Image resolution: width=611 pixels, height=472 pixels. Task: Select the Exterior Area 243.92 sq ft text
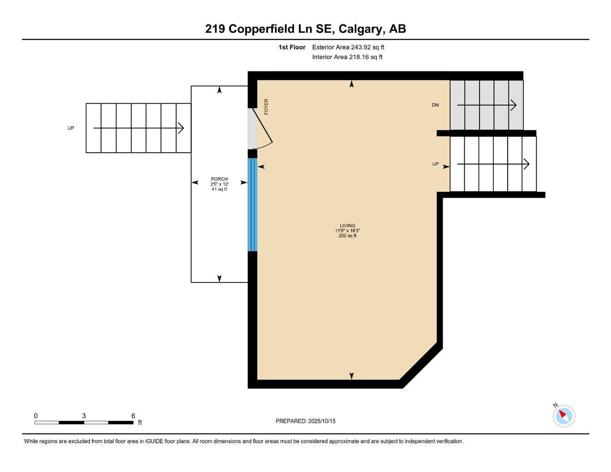coord(348,47)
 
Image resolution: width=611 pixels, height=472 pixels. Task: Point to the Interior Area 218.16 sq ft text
coord(347,57)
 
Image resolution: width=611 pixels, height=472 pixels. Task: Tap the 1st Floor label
coord(291,47)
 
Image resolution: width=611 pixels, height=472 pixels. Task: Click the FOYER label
coord(266,106)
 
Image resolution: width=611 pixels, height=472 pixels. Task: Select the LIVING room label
coord(347,226)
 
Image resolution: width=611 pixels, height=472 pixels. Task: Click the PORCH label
coord(219,179)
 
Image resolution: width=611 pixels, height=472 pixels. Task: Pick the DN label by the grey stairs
coord(435,105)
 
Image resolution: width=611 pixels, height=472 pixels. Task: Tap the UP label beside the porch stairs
coord(71,128)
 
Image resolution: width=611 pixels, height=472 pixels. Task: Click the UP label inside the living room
coord(435,164)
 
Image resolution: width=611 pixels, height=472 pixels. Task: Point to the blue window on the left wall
coord(252,205)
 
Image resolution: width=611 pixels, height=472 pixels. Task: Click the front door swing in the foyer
coord(263,129)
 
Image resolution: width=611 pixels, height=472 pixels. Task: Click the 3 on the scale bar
coord(84,416)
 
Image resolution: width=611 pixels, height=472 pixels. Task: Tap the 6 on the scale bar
coord(133,416)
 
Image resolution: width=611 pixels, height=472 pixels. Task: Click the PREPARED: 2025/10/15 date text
coord(305,421)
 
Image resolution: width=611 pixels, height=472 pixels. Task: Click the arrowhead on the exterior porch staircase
coord(181,128)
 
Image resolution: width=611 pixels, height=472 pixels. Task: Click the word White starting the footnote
coord(31,441)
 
